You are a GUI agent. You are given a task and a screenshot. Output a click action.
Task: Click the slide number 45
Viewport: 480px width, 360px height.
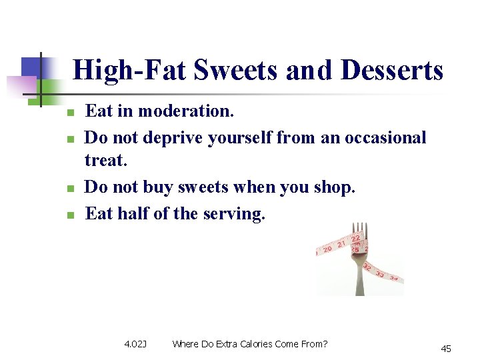(446, 349)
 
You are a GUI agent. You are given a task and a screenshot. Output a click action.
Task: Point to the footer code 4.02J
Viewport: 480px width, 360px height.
(135, 344)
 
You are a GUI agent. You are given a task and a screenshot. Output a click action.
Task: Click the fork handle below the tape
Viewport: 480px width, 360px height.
(361, 283)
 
